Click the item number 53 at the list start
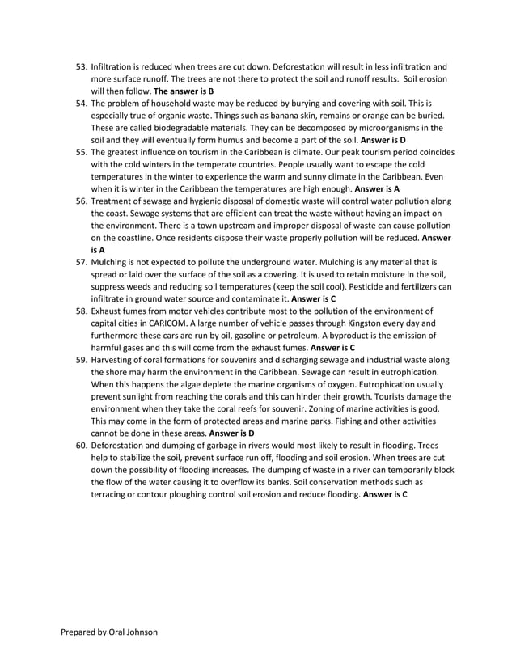pyautogui.click(x=82, y=67)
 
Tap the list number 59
pyautogui.click(x=82, y=359)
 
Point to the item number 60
pyautogui.click(x=82, y=446)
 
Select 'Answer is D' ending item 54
pyautogui.click(x=383, y=140)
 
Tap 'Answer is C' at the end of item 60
pyautogui.click(x=385, y=493)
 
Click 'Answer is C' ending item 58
pyautogui.click(x=334, y=347)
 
